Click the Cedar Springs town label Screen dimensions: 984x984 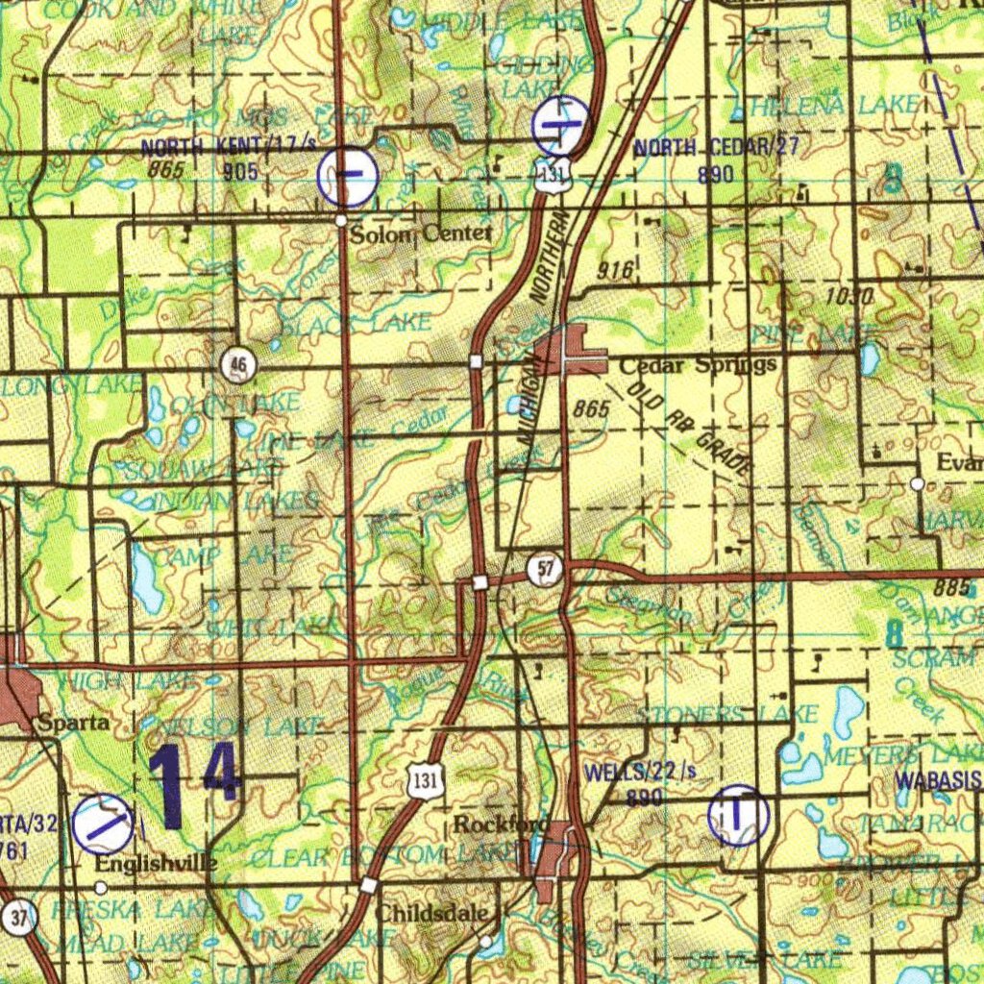coord(698,365)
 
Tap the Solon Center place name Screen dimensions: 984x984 coord(420,234)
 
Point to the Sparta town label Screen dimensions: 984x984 coord(73,724)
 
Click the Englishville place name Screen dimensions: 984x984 coord(156,864)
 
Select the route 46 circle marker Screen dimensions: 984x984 coord(238,364)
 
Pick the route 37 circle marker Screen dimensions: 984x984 coord(18,918)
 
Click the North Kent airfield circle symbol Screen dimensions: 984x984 coord(348,175)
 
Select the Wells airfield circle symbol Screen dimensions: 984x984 coord(738,816)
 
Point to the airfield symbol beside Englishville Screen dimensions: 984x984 coord(103,824)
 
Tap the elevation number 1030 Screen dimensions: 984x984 coord(848,297)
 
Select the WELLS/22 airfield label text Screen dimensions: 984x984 coord(640,773)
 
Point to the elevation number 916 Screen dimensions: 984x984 coord(615,270)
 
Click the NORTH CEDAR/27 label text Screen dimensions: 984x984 coord(716,147)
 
